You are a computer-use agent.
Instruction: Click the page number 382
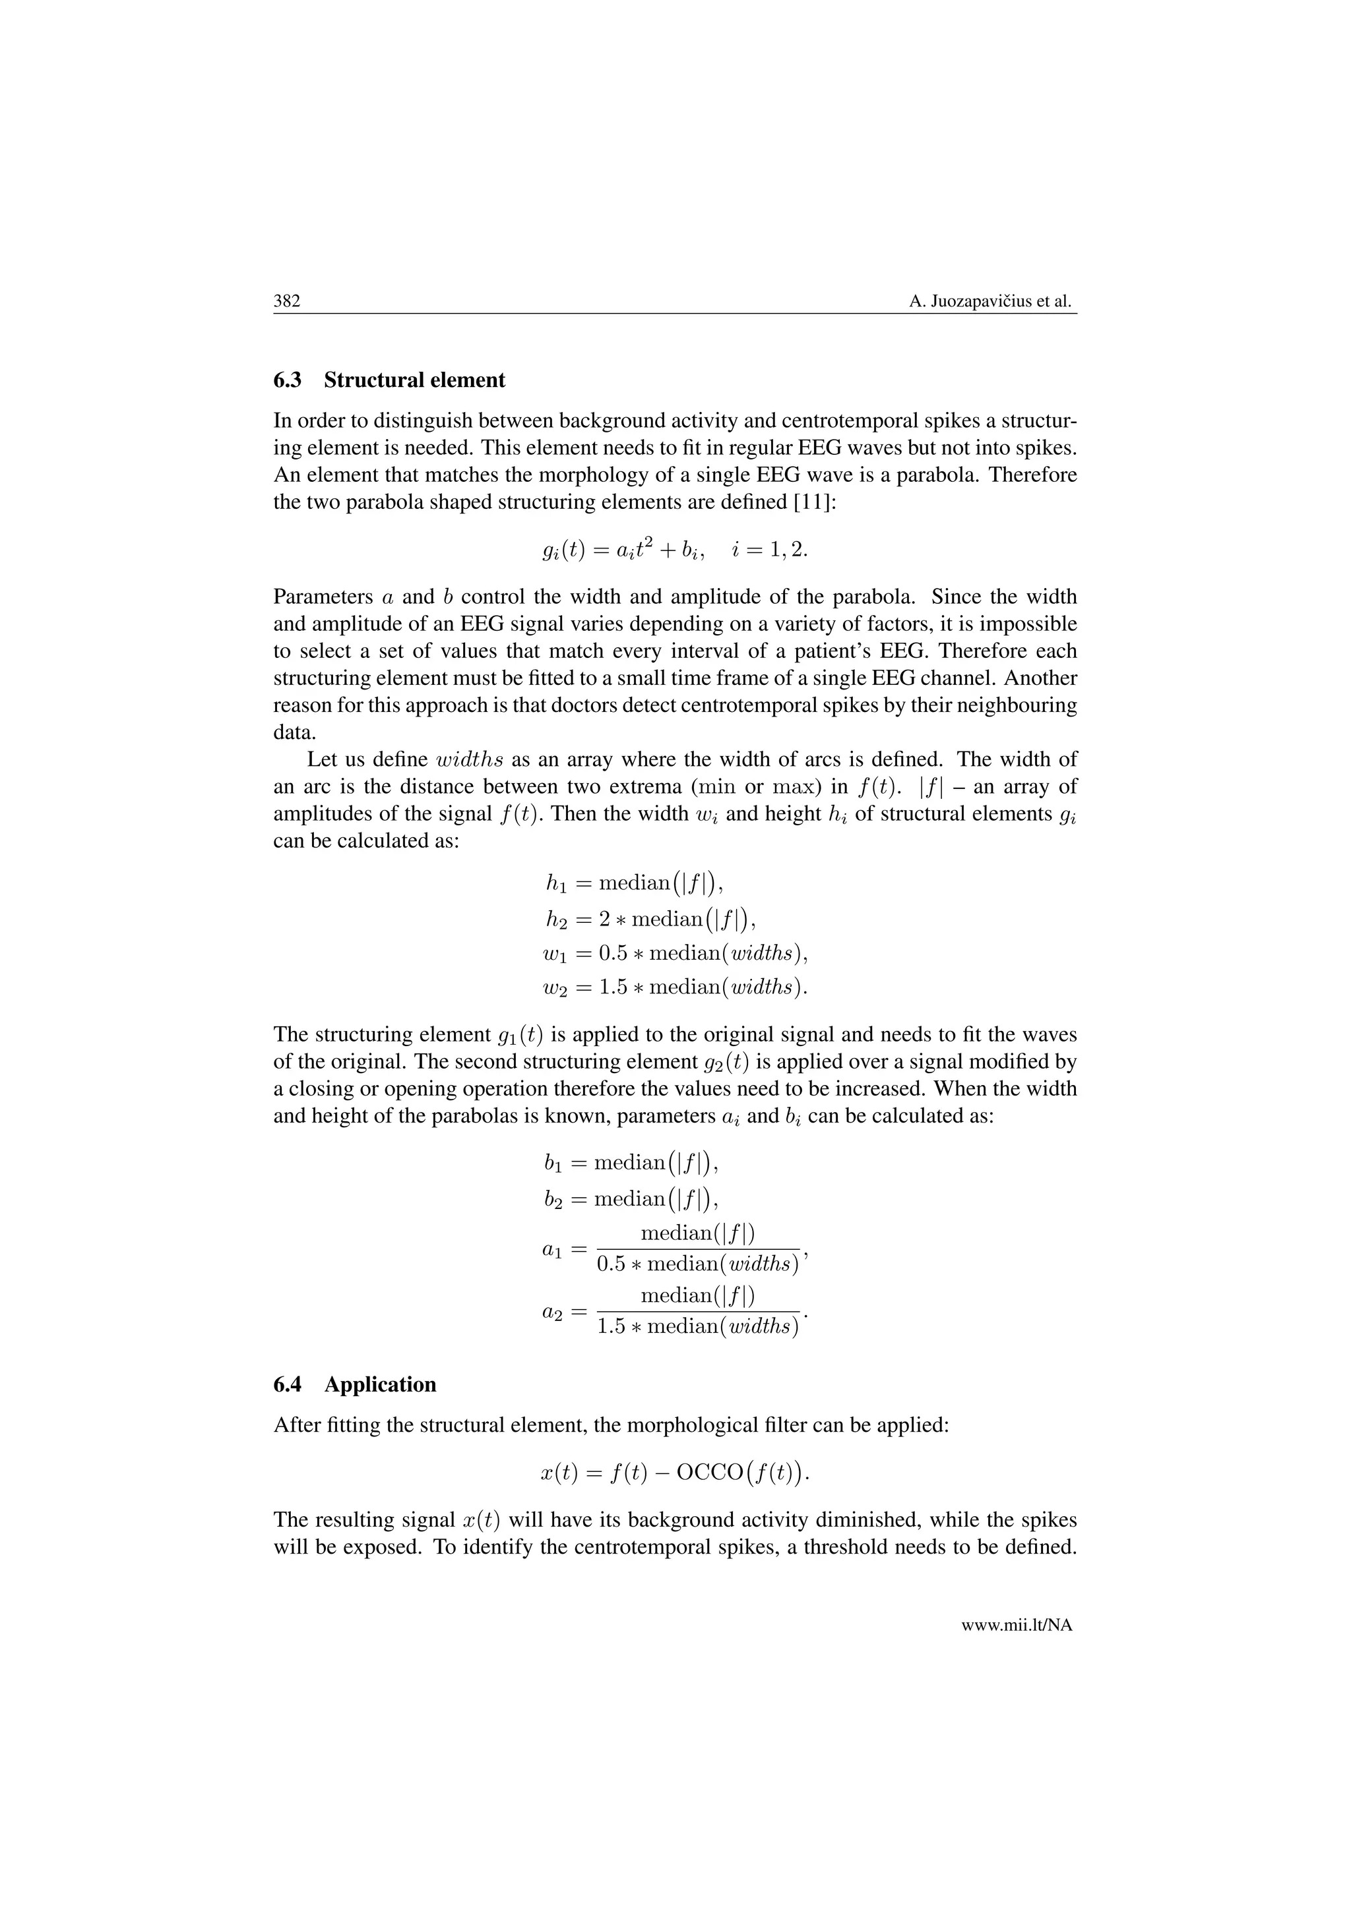click(286, 301)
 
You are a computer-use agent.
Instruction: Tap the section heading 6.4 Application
click(354, 1384)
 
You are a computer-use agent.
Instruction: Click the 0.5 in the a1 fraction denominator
click(612, 1264)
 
